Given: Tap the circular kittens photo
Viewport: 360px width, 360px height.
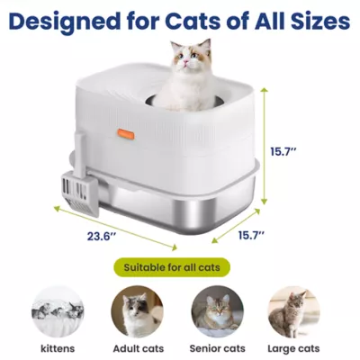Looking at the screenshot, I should (x=52, y=311).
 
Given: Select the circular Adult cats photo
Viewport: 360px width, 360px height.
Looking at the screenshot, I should (x=137, y=311).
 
